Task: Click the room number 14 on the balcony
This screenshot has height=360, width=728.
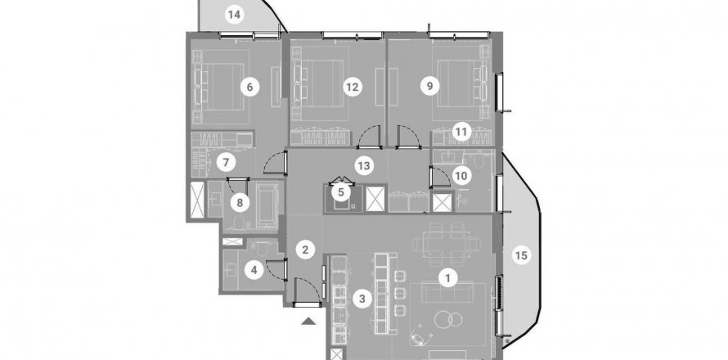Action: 235,15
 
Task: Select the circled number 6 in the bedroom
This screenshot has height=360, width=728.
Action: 249,87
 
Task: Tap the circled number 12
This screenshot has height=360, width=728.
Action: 353,87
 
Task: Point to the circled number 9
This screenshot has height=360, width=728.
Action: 429,86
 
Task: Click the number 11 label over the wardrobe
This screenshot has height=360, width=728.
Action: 461,132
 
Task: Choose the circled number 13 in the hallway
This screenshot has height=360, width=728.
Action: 364,165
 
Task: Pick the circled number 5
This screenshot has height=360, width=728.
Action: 341,191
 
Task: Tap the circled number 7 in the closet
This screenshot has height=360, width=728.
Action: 226,163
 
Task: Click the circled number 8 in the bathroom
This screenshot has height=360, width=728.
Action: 240,203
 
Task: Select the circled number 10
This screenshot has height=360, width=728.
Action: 461,176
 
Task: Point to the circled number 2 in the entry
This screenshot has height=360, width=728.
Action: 305,250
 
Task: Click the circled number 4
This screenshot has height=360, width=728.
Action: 254,269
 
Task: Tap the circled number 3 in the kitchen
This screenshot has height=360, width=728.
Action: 362,299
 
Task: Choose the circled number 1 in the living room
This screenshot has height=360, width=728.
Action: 447,278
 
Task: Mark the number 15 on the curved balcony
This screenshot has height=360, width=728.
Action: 521,255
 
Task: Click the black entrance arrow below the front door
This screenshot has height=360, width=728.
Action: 308,321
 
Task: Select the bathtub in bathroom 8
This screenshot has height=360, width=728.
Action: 267,205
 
